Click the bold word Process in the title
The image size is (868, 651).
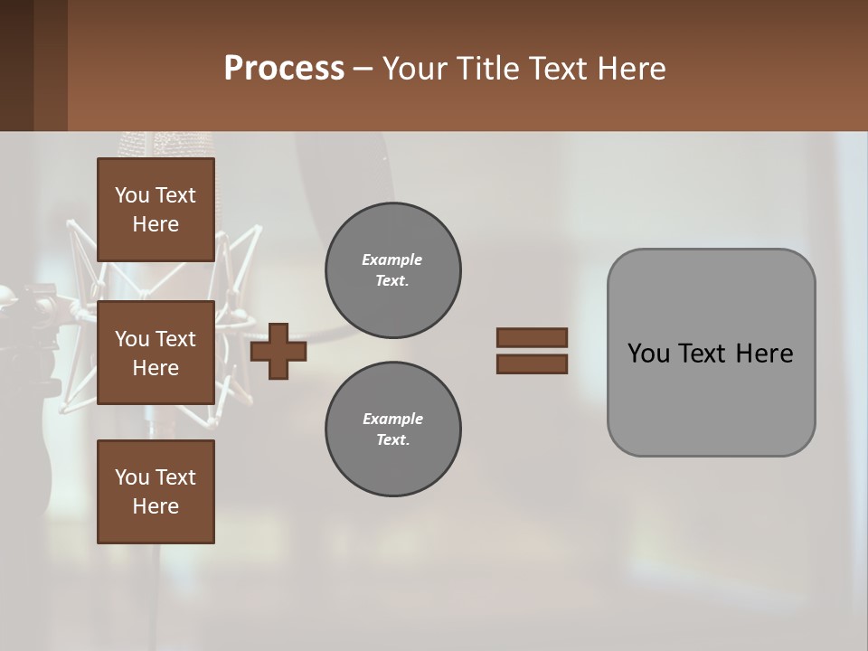click(x=284, y=69)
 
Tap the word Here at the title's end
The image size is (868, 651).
click(x=632, y=69)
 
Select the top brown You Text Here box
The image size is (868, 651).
click(x=156, y=210)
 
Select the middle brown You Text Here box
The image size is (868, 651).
click(x=156, y=353)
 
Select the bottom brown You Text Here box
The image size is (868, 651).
click(x=156, y=492)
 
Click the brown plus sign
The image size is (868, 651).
click(x=278, y=352)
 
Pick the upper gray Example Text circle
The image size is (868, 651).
click(x=393, y=270)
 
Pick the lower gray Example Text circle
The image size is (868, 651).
click(x=393, y=429)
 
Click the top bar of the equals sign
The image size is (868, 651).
click(x=532, y=338)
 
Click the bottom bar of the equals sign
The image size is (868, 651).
click(x=532, y=364)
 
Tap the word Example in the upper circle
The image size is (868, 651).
click(x=392, y=259)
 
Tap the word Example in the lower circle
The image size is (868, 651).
click(x=392, y=419)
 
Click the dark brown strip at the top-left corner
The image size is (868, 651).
click(x=33, y=63)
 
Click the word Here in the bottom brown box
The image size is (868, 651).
click(x=156, y=506)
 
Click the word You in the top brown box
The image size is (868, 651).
click(x=132, y=195)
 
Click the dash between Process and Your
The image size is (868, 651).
click(x=363, y=69)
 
